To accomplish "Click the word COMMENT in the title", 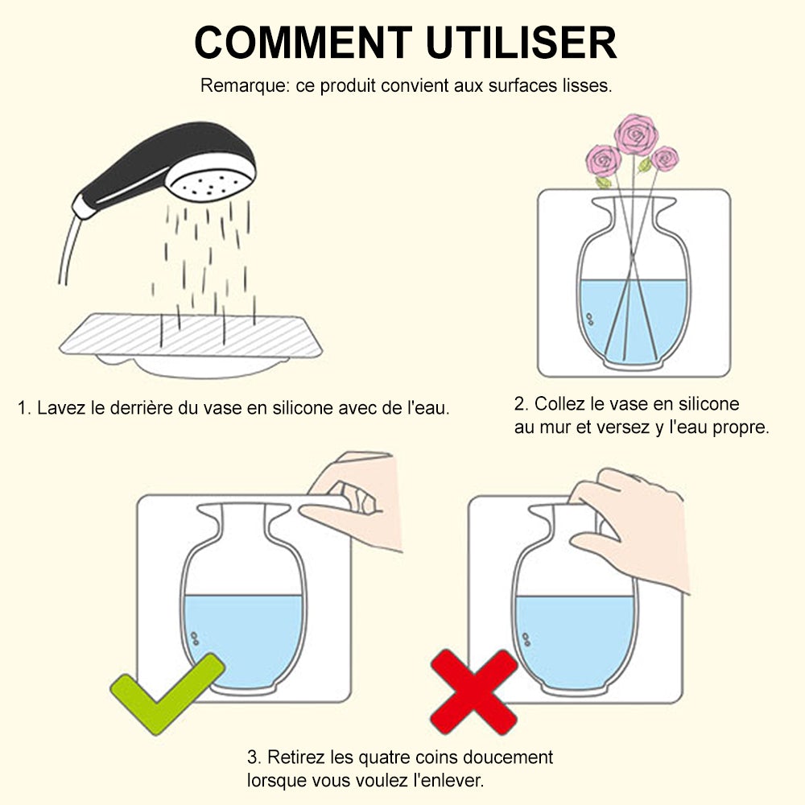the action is coord(303,43).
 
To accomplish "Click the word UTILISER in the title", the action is coord(521,43).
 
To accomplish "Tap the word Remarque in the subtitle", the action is coord(245,86).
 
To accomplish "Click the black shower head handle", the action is coord(154,164).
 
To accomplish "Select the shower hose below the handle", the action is coord(69,250).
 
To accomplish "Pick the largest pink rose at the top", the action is coord(636,134).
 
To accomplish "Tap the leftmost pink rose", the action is coord(604,160).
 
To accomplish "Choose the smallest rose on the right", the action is coord(665,159).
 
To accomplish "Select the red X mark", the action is coord(474,692).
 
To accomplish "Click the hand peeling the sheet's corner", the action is coord(354,501).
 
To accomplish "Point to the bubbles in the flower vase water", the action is coord(589,319).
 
